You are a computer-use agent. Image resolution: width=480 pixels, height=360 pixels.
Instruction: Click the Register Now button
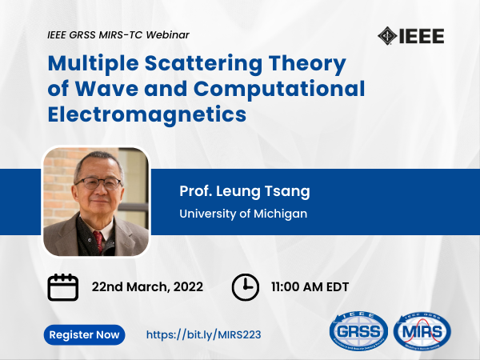tap(84, 334)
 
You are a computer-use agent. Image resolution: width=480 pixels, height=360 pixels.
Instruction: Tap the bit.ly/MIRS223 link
tap(203, 334)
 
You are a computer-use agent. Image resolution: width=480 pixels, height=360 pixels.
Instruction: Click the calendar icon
tap(62, 287)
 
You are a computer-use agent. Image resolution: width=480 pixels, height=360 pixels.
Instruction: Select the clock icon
tap(246, 287)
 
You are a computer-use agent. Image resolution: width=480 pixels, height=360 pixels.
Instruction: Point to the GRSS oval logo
tap(358, 331)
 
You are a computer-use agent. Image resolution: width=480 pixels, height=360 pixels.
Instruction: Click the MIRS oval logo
tap(422, 331)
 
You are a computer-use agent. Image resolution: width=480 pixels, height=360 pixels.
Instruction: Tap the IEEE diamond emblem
tap(387, 36)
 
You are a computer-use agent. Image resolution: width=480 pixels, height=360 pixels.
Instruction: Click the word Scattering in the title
tap(203, 63)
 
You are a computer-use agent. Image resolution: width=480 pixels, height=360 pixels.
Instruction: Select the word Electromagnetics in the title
tap(147, 114)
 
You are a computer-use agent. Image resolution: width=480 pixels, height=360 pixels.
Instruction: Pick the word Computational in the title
tap(279, 89)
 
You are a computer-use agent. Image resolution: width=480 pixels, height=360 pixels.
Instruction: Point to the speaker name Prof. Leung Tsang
tap(245, 191)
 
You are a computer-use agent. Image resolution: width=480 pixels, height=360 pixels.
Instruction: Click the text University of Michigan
tap(243, 214)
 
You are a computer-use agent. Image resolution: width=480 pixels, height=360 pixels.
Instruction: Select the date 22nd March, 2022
tap(147, 287)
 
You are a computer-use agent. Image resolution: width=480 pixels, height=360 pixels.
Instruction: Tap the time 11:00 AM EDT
tap(310, 287)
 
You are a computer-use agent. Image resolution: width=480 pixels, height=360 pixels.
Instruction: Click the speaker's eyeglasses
tap(98, 183)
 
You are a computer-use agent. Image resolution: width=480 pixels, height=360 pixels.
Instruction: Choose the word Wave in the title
tap(106, 89)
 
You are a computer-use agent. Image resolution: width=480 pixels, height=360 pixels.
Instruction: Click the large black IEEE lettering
tap(422, 36)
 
